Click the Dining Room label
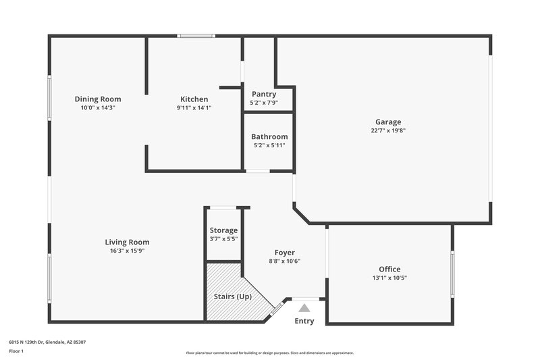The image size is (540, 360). (x=98, y=99)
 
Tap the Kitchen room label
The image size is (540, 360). (x=194, y=99)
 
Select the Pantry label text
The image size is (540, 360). (x=263, y=94)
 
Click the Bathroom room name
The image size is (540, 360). (x=269, y=136)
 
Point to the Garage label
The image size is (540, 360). (x=388, y=122)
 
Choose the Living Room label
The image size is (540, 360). (x=127, y=242)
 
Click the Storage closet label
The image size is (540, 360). (x=223, y=230)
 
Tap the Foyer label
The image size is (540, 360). (x=284, y=253)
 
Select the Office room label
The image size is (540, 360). (x=389, y=269)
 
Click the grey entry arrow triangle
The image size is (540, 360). (x=304, y=308)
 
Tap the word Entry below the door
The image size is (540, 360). (x=304, y=321)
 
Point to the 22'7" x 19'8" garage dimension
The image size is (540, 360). (x=388, y=131)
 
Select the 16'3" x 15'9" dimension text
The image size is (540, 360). (x=127, y=251)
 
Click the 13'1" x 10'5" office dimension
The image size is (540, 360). (x=389, y=278)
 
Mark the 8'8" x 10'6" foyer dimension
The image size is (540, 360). (x=284, y=261)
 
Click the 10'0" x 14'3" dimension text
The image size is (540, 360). (x=98, y=108)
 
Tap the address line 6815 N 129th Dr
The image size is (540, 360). (x=47, y=342)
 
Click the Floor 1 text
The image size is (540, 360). (x=17, y=352)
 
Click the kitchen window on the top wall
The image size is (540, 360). (x=196, y=36)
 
